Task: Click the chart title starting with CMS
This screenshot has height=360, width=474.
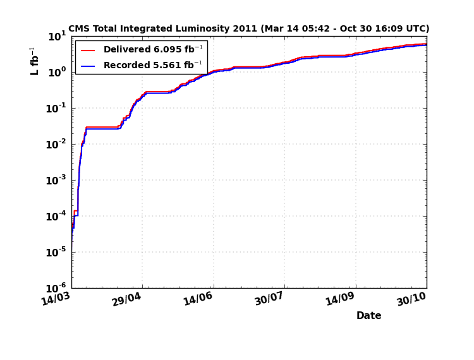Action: tap(248, 28)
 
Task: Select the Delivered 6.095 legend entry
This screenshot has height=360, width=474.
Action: tap(152, 50)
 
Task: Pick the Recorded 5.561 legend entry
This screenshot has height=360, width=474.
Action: tap(152, 65)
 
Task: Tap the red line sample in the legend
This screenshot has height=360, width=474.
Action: tap(88, 50)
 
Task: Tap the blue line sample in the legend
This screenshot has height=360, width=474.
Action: tap(88, 65)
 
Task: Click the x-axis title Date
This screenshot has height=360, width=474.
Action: tap(368, 316)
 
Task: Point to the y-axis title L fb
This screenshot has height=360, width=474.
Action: tap(34, 61)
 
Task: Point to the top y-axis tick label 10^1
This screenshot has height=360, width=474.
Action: tap(57, 37)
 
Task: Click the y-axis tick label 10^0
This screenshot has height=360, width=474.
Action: tap(57, 73)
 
